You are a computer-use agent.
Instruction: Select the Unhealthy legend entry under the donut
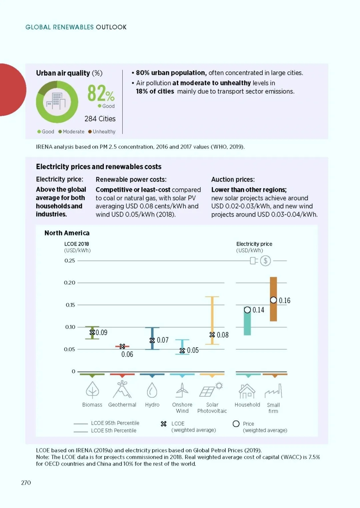click(102, 132)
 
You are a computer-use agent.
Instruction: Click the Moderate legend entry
click(71, 132)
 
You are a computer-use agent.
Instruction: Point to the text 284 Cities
click(100, 119)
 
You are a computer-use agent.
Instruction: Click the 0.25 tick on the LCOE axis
click(69, 261)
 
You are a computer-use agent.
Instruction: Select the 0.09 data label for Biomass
click(101, 332)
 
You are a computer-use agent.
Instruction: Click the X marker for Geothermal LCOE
click(122, 346)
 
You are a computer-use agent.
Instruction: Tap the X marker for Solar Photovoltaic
click(212, 335)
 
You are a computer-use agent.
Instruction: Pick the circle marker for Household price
click(247, 310)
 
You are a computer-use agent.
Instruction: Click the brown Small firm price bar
click(273, 299)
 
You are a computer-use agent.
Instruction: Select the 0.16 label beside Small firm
click(285, 300)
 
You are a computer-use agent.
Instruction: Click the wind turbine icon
click(182, 390)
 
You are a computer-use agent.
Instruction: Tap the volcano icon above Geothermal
click(122, 389)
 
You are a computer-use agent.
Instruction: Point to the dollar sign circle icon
click(265, 261)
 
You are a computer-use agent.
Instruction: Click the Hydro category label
click(152, 405)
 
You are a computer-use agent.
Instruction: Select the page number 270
click(26, 483)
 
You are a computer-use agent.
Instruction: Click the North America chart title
click(67, 233)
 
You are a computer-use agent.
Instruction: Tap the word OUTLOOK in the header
click(111, 27)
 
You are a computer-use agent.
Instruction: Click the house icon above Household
click(247, 391)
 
